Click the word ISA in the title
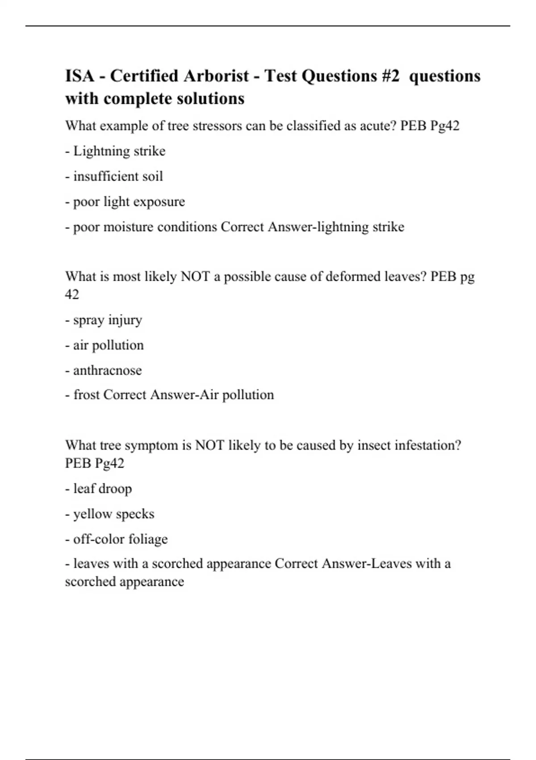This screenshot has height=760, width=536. click(80, 76)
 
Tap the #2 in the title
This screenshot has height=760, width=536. click(391, 76)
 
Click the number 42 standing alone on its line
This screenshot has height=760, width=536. click(72, 295)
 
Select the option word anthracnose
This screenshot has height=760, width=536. click(107, 370)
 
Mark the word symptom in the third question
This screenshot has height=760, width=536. click(151, 445)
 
